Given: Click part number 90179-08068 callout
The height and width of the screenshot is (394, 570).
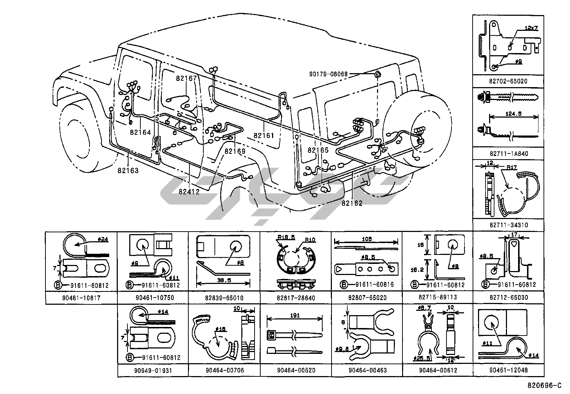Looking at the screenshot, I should (x=328, y=74).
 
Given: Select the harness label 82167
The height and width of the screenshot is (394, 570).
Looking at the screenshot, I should (x=186, y=78).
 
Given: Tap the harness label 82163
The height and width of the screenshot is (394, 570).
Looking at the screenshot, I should (x=128, y=170).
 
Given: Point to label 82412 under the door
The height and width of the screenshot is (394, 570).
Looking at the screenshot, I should (x=189, y=191).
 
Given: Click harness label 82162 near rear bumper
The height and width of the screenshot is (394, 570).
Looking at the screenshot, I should (x=352, y=203).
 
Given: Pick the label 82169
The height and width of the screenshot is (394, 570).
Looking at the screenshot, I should (x=235, y=151).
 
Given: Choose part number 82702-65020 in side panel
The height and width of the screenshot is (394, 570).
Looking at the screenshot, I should (x=508, y=81).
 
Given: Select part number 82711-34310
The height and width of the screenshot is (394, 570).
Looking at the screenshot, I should (x=508, y=225).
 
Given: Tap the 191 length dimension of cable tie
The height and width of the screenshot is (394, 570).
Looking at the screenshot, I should (x=295, y=315).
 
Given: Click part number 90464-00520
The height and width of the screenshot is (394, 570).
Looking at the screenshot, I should (x=296, y=370).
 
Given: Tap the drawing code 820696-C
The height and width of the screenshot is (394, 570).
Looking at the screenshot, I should (x=544, y=386).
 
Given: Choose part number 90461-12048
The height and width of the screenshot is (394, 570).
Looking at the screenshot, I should (x=508, y=370).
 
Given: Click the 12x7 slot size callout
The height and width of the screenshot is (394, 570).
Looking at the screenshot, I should (x=531, y=28).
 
